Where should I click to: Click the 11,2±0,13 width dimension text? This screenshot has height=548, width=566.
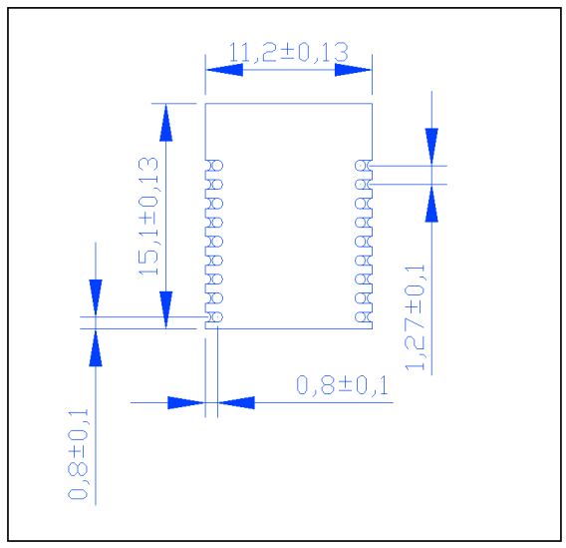tap(289, 51)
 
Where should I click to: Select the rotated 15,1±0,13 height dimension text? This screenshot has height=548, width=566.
tap(150, 215)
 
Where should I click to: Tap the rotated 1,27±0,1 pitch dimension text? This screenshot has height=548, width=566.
tap(418, 317)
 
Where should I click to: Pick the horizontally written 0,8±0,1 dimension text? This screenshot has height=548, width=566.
tap(342, 384)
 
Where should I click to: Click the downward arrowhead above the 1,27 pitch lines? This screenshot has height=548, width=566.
tap(431, 146)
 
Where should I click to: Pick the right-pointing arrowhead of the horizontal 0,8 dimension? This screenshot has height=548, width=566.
tap(186, 403)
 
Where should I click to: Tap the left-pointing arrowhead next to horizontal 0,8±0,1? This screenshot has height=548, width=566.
tap(234, 403)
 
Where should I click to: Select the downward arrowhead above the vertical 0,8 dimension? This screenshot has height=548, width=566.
tap(96, 296)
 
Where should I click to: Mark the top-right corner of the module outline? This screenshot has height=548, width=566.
tap(372, 103)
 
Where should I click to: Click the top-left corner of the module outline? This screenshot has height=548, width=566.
tap(205, 103)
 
